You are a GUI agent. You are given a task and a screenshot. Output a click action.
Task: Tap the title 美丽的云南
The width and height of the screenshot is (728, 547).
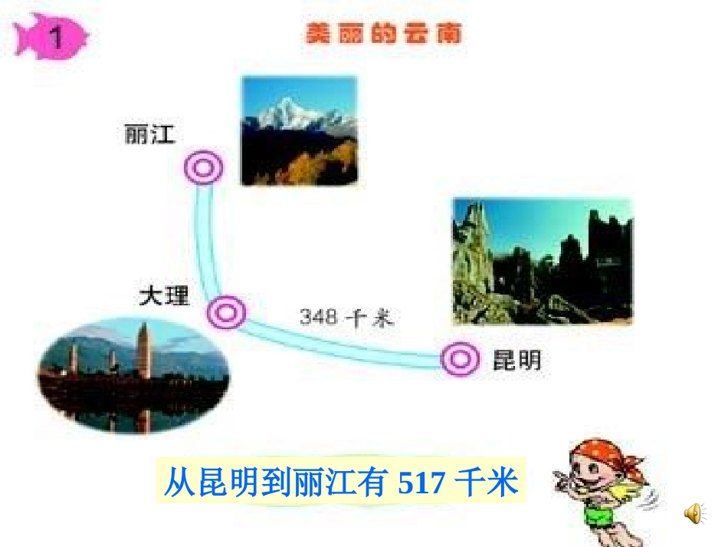tap(382, 35)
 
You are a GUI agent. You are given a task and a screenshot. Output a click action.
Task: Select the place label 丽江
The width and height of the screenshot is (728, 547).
tap(149, 135)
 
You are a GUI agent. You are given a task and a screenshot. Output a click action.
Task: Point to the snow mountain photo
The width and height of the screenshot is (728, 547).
tap(299, 130)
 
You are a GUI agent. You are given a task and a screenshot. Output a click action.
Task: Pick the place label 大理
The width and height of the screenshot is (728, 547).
tap(164, 296)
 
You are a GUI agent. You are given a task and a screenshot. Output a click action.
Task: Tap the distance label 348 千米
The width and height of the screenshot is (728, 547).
tap(346, 318)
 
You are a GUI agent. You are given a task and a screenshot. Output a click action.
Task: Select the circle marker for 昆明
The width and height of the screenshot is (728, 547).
tap(461, 358)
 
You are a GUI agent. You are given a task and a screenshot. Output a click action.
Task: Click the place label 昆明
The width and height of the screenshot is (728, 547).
tap(516, 360)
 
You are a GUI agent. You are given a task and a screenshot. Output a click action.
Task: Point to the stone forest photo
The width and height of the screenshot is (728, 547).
tap(542, 262)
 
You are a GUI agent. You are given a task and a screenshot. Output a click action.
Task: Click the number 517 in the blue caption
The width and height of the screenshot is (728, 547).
tap(422, 484)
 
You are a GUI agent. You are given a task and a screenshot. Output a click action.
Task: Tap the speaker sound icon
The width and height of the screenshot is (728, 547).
tap(694, 513)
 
